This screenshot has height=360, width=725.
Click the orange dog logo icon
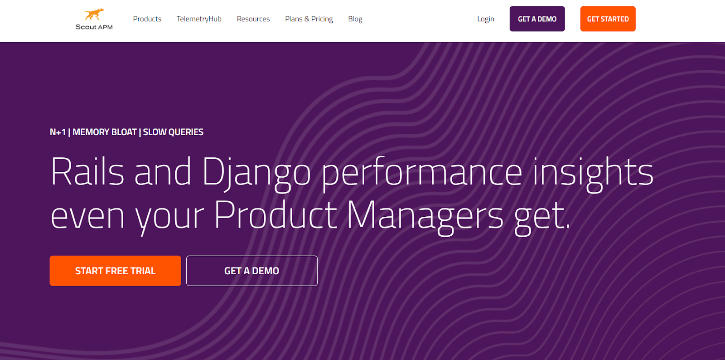pyautogui.click(x=94, y=14)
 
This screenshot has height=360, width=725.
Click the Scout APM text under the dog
pyautogui.click(x=94, y=27)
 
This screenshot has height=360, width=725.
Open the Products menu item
pyautogui.click(x=147, y=19)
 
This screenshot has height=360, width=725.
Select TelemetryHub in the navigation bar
pyautogui.click(x=199, y=19)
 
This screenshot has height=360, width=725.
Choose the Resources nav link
pyautogui.click(x=253, y=19)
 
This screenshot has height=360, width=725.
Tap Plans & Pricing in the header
pyautogui.click(x=309, y=19)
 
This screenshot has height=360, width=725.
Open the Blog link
pyautogui.click(x=355, y=19)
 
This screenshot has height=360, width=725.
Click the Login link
pyautogui.click(x=485, y=19)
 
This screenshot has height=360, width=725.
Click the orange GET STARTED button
pyautogui.click(x=608, y=19)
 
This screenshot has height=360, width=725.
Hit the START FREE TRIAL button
pyautogui.click(x=115, y=271)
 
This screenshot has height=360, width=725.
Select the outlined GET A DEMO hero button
pyautogui.click(x=252, y=271)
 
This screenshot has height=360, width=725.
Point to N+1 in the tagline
pyautogui.click(x=58, y=132)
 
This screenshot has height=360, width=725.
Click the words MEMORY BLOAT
pyautogui.click(x=105, y=132)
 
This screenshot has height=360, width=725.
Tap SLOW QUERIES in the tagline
pyautogui.click(x=173, y=132)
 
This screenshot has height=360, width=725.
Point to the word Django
pyautogui.click(x=256, y=175)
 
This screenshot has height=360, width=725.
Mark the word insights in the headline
pyautogui.click(x=593, y=175)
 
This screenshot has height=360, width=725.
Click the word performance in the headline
pyautogui.click(x=422, y=175)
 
